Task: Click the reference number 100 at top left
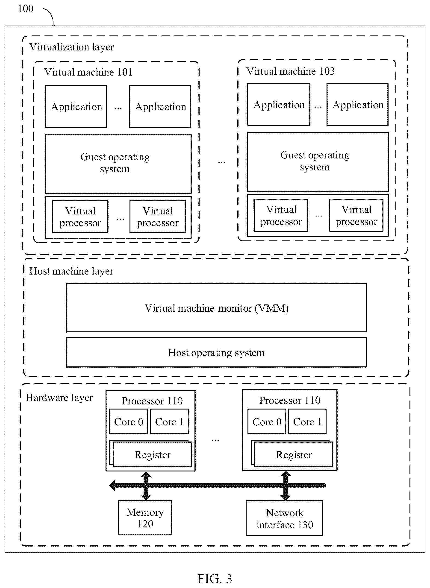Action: point(26,9)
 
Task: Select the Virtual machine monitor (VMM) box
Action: point(216,308)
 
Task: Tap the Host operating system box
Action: point(216,352)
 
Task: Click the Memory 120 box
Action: point(145,518)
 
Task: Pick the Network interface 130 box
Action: point(285,518)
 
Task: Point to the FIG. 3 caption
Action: point(215,579)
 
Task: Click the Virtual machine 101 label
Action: point(88,72)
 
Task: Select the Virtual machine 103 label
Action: point(291,71)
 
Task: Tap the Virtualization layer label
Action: point(72,47)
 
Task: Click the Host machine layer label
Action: point(71,271)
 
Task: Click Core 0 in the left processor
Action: point(129,421)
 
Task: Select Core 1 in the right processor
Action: point(307,421)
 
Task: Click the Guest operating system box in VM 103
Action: point(318,162)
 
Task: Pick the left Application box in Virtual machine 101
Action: point(76,106)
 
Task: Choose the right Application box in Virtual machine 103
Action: point(358,105)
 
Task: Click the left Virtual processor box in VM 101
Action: point(80,216)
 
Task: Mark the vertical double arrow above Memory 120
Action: point(146,486)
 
